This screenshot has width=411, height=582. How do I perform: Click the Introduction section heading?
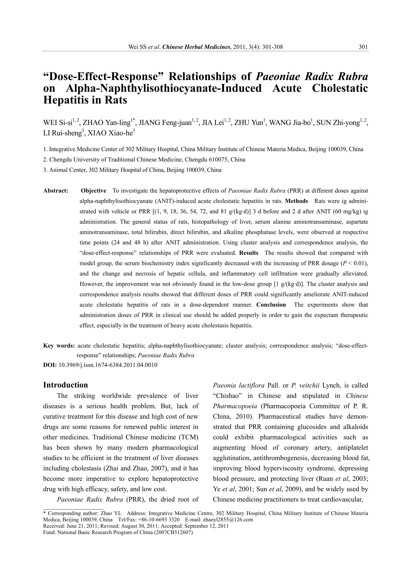pyautogui.click(x=66, y=385)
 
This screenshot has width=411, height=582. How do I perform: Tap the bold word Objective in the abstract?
pyautogui.click(x=93, y=191)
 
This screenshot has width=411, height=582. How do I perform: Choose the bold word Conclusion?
pyautogui.click(x=271, y=305)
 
